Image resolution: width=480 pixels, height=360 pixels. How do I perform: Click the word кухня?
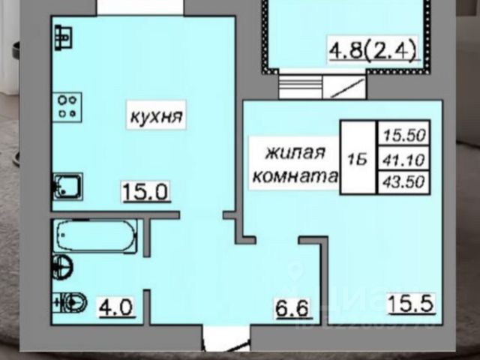tap(157, 118)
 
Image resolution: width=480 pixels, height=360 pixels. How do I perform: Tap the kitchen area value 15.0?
tap(146, 193)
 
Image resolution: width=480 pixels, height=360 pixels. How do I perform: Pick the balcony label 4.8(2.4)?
tap(372, 53)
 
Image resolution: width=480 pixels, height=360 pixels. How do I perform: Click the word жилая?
tap(295, 153)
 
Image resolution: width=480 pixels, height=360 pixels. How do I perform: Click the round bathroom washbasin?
tap(63, 265)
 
